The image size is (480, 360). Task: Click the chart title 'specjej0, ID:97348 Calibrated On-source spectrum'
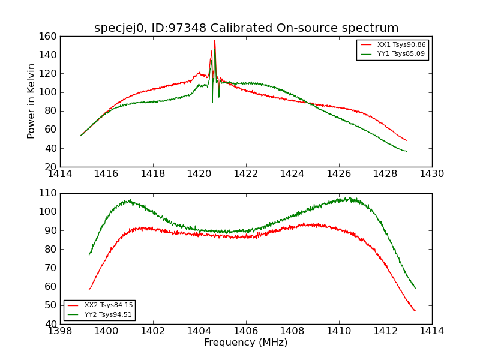[246, 28]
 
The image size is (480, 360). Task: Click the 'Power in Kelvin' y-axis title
[31, 101]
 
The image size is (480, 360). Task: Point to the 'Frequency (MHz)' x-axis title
[246, 343]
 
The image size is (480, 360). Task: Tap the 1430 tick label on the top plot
[431, 174]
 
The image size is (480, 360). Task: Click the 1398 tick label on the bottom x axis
[60, 331]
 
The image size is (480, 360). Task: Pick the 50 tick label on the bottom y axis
[50, 305]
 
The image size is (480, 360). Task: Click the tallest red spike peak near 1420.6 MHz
[215, 41]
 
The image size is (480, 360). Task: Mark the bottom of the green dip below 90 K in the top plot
[212, 101]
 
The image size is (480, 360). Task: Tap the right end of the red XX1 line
[407, 141]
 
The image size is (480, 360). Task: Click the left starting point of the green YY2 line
[89, 255]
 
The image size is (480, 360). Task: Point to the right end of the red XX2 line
[415, 311]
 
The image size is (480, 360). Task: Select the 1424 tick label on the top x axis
[292, 174]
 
